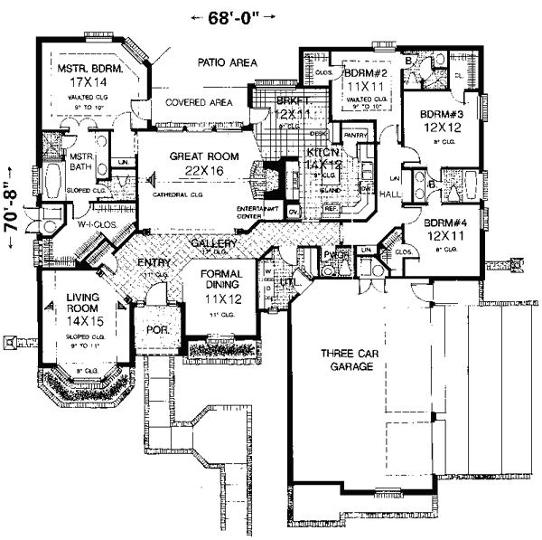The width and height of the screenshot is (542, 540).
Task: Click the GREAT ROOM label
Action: tap(204, 156)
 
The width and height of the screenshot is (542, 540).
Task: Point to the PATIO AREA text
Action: tap(227, 62)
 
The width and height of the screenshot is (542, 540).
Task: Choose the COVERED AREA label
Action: tap(198, 103)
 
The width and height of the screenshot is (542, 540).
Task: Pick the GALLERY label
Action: tap(213, 245)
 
